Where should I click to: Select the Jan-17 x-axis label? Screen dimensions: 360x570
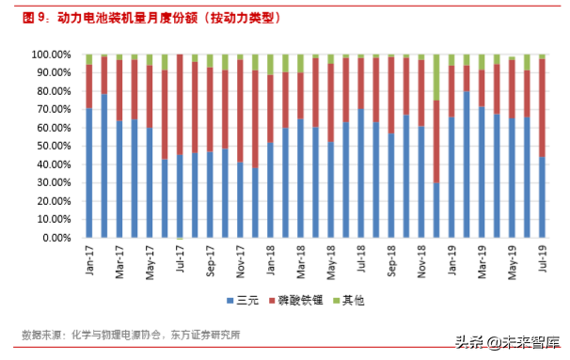tap(89, 260)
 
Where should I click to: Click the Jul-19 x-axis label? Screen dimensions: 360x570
tap(544, 260)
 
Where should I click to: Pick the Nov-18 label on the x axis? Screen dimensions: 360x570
tap(422, 260)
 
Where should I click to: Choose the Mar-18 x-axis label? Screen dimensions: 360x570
tap(301, 260)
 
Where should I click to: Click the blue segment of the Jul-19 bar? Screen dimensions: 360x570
tap(544, 197)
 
